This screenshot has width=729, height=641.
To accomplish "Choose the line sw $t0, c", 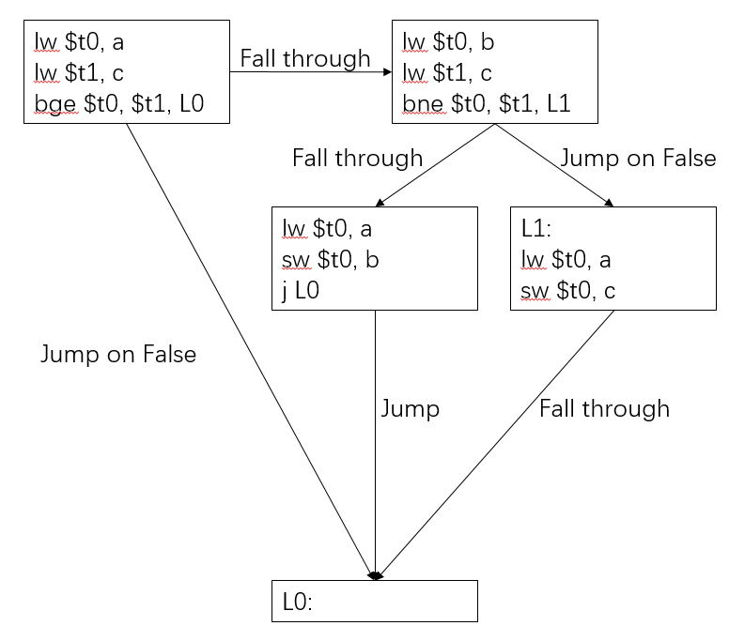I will pos(568,291).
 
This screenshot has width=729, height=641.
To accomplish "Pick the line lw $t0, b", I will pos(447,40).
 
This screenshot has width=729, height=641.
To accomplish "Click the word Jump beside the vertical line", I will pos(410,408).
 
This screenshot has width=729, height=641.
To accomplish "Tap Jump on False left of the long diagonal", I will pos(118,354).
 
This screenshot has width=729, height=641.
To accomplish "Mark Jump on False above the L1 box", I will pos(638,158).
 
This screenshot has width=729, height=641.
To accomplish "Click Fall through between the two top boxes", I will pos(305,58).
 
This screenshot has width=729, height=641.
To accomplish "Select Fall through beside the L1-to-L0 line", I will pos(604,408).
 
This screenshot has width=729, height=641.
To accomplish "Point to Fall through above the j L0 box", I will pos(357,158).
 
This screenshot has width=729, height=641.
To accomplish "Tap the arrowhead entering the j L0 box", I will pos(379,202).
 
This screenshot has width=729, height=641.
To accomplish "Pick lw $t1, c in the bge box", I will pos(79,71).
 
